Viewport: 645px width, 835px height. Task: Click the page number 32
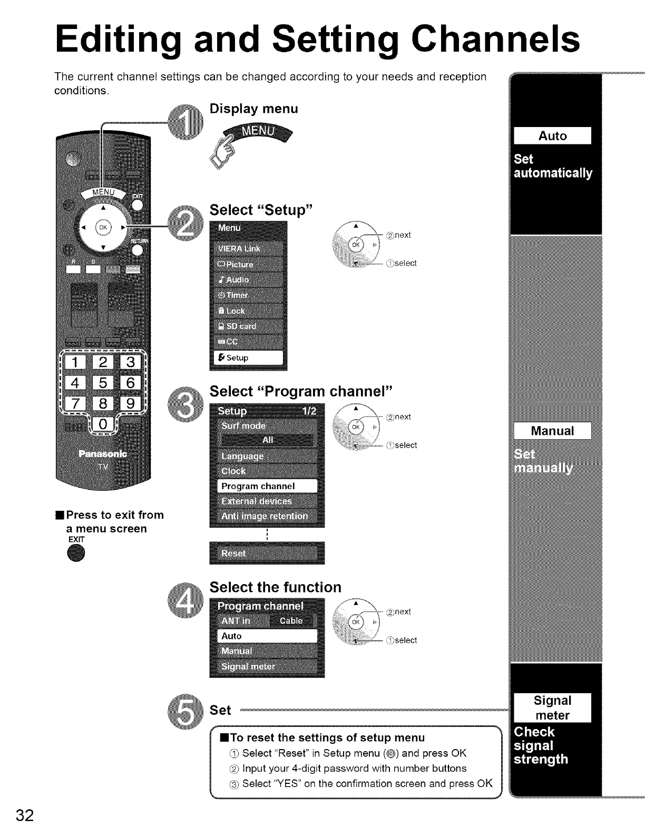coord(25,815)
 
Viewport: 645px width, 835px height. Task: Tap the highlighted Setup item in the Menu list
coord(248,357)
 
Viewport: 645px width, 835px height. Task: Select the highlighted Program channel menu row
coord(267,486)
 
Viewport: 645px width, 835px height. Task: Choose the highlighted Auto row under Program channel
coord(267,636)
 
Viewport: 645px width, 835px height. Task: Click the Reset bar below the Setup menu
coord(267,553)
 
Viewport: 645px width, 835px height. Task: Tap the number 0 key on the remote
coord(103,424)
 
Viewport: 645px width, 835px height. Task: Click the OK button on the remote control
coord(103,228)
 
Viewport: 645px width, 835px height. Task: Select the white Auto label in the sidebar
coord(552,136)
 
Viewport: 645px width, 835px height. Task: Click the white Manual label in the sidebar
coord(552,431)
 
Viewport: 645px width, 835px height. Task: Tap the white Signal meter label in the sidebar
coord(552,707)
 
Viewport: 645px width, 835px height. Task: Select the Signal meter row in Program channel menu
coord(267,666)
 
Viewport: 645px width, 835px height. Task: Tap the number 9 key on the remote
coord(130,403)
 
